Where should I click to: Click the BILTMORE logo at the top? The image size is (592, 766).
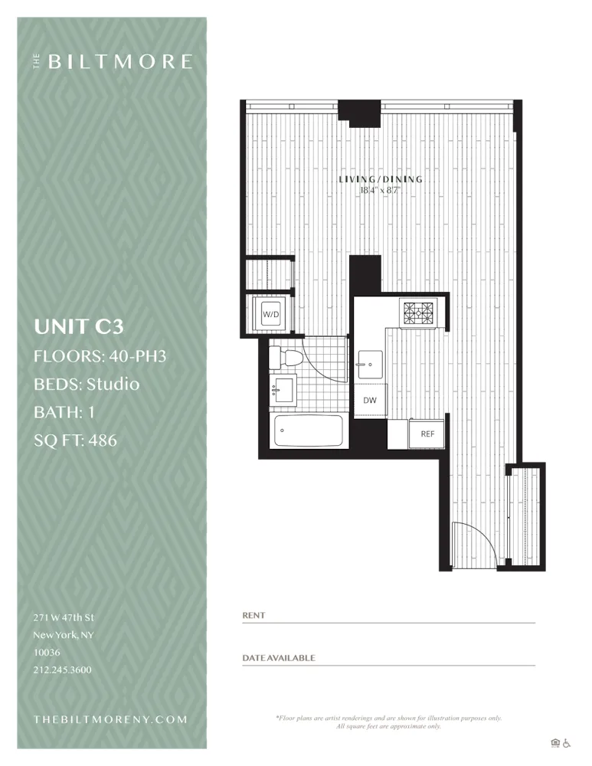pyautogui.click(x=113, y=62)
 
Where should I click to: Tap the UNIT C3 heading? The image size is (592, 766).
pyautogui.click(x=79, y=326)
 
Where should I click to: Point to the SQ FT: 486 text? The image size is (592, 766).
pyautogui.click(x=76, y=440)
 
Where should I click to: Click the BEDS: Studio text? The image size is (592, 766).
pyautogui.click(x=87, y=384)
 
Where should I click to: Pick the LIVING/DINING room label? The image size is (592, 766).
pyautogui.click(x=381, y=179)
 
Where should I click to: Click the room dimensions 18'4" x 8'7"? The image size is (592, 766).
pyautogui.click(x=381, y=189)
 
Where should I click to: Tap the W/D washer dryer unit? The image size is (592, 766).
pyautogui.click(x=270, y=314)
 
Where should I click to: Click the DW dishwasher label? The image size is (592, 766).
pyautogui.click(x=370, y=401)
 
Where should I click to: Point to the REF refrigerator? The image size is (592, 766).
pyautogui.click(x=427, y=434)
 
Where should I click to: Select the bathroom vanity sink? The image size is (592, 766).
pyautogui.click(x=283, y=390)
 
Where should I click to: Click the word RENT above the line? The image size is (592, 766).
pyautogui.click(x=253, y=615)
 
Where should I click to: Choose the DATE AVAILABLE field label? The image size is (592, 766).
pyautogui.click(x=279, y=658)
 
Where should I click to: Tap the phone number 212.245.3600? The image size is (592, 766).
pyautogui.click(x=63, y=669)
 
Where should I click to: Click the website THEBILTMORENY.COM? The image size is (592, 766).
pyautogui.click(x=110, y=719)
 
